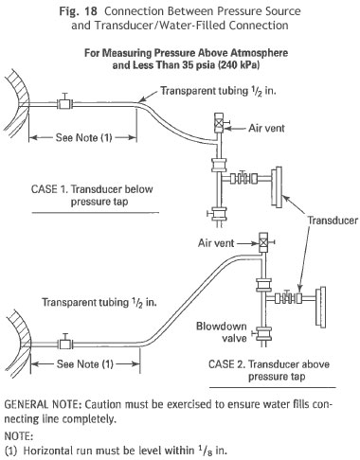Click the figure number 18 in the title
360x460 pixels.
click(92, 11)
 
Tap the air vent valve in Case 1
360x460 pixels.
click(219, 123)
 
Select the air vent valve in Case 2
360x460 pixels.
click(264, 242)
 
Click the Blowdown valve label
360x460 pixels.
click(222, 332)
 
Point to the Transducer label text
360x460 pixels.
click(333, 220)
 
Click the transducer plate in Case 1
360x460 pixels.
click(279, 187)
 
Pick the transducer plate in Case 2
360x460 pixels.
click(321, 307)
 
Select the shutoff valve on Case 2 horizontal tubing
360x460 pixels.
click(65, 342)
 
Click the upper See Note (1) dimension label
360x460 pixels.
click(83, 137)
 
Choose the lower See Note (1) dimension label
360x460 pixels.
click(85, 364)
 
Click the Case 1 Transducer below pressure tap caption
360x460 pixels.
click(92, 195)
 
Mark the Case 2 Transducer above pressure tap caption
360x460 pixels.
click(269, 370)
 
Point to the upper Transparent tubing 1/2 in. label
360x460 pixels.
click(219, 91)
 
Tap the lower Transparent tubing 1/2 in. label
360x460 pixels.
click(99, 302)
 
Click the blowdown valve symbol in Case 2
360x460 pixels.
click(263, 333)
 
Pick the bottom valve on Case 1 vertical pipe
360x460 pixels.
click(218, 214)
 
